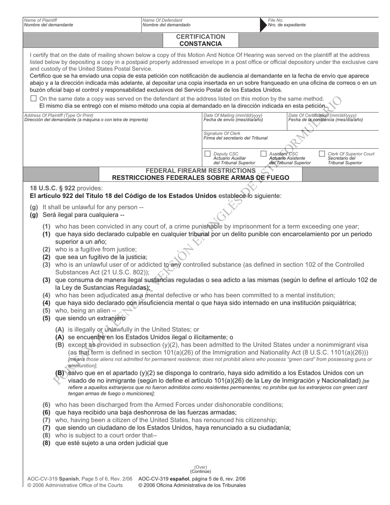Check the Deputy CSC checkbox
point(207,154)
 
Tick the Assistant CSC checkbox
point(264,154)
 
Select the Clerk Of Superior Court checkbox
point(322,154)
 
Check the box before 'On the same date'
point(34,99)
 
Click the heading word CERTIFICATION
point(201,37)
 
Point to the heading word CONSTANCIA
point(201,44)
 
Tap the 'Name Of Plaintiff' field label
point(41,20)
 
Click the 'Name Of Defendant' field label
point(162,20)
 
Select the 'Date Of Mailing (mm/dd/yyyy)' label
point(232,115)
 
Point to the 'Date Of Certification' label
point(322,115)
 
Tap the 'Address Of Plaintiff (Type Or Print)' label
point(59,115)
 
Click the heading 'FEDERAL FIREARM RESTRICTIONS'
point(201,170)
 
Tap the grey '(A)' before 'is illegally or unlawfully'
point(60,329)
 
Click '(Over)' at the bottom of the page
point(201,467)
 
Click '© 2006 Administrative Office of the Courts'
point(75,485)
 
